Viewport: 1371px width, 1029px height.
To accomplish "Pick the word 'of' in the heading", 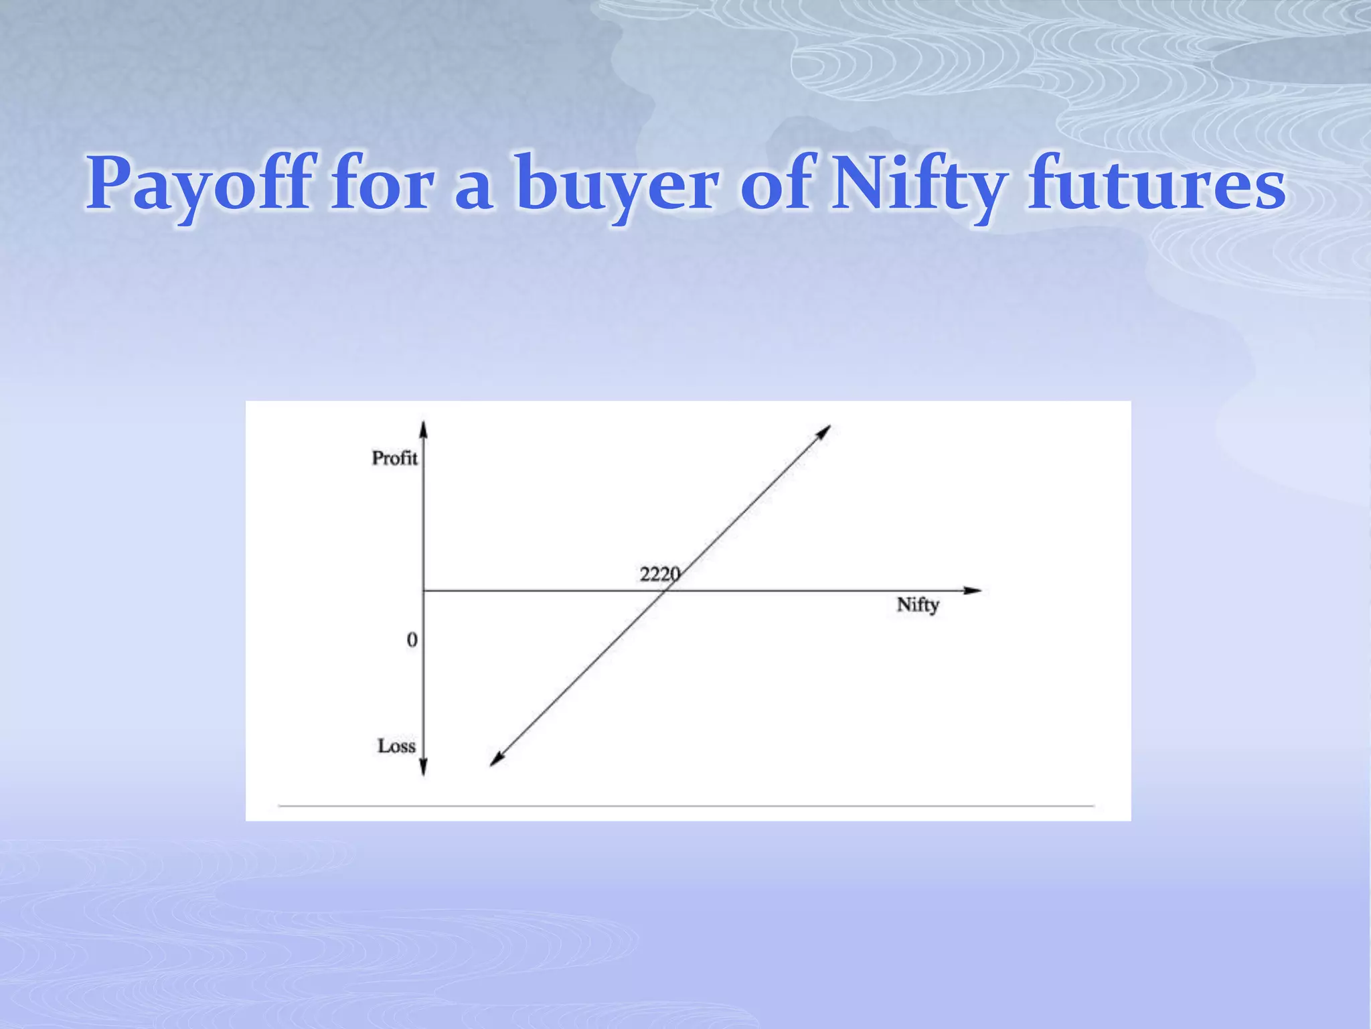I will click(778, 183).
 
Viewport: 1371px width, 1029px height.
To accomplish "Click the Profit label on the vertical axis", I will click(394, 458).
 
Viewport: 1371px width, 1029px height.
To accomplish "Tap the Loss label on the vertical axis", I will click(396, 746).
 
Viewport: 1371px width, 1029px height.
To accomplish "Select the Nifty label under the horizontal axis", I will click(918, 605).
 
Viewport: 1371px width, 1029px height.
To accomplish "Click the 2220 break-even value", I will click(659, 575).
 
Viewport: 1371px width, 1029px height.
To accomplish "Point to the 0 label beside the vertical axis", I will click(412, 640).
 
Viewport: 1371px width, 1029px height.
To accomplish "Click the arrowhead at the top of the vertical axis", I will click(423, 429).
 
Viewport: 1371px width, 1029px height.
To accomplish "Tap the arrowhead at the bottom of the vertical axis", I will click(423, 768).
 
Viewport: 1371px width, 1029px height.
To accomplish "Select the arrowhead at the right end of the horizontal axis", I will click(974, 590).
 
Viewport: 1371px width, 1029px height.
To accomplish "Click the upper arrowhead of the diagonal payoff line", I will click(824, 431).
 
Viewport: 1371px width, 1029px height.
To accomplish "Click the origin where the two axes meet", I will click(423, 590).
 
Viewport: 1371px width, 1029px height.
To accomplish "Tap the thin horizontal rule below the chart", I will click(686, 806).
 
